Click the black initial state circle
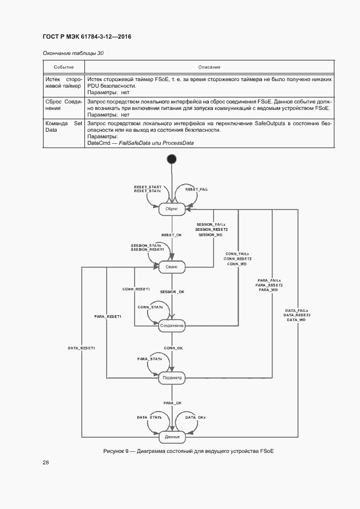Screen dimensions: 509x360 (172, 158)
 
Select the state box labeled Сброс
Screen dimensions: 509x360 (172, 207)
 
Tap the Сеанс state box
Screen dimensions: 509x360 (172, 267)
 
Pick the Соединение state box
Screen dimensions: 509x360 (172, 326)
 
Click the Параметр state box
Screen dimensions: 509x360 (172, 377)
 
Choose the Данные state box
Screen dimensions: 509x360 (172, 437)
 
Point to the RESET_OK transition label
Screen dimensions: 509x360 (172, 235)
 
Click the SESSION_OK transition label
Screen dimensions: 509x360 (172, 292)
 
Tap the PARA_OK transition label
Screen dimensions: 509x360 (172, 402)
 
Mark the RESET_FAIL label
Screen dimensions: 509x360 (197, 189)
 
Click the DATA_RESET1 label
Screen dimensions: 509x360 (82, 347)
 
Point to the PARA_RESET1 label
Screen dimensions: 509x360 (107, 316)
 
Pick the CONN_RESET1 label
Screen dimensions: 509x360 (136, 289)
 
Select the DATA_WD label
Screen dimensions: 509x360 (297, 320)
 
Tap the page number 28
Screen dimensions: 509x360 (46, 462)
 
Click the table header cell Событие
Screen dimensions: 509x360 (63, 67)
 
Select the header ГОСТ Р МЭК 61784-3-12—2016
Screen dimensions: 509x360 (87, 36)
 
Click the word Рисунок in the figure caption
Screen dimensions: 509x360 (115, 452)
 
